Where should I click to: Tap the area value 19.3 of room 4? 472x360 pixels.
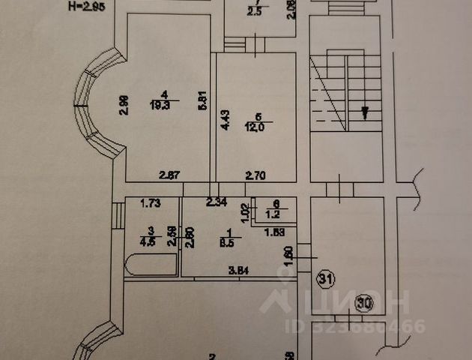tap(160, 105)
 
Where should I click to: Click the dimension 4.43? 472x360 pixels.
tap(223, 120)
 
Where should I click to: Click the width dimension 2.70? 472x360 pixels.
tap(257, 175)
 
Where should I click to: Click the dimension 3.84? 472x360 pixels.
tap(238, 270)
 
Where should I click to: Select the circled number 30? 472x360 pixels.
tap(365, 304)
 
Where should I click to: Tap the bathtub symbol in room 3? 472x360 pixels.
tap(150, 265)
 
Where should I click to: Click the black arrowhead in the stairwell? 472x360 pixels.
tap(365, 113)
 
